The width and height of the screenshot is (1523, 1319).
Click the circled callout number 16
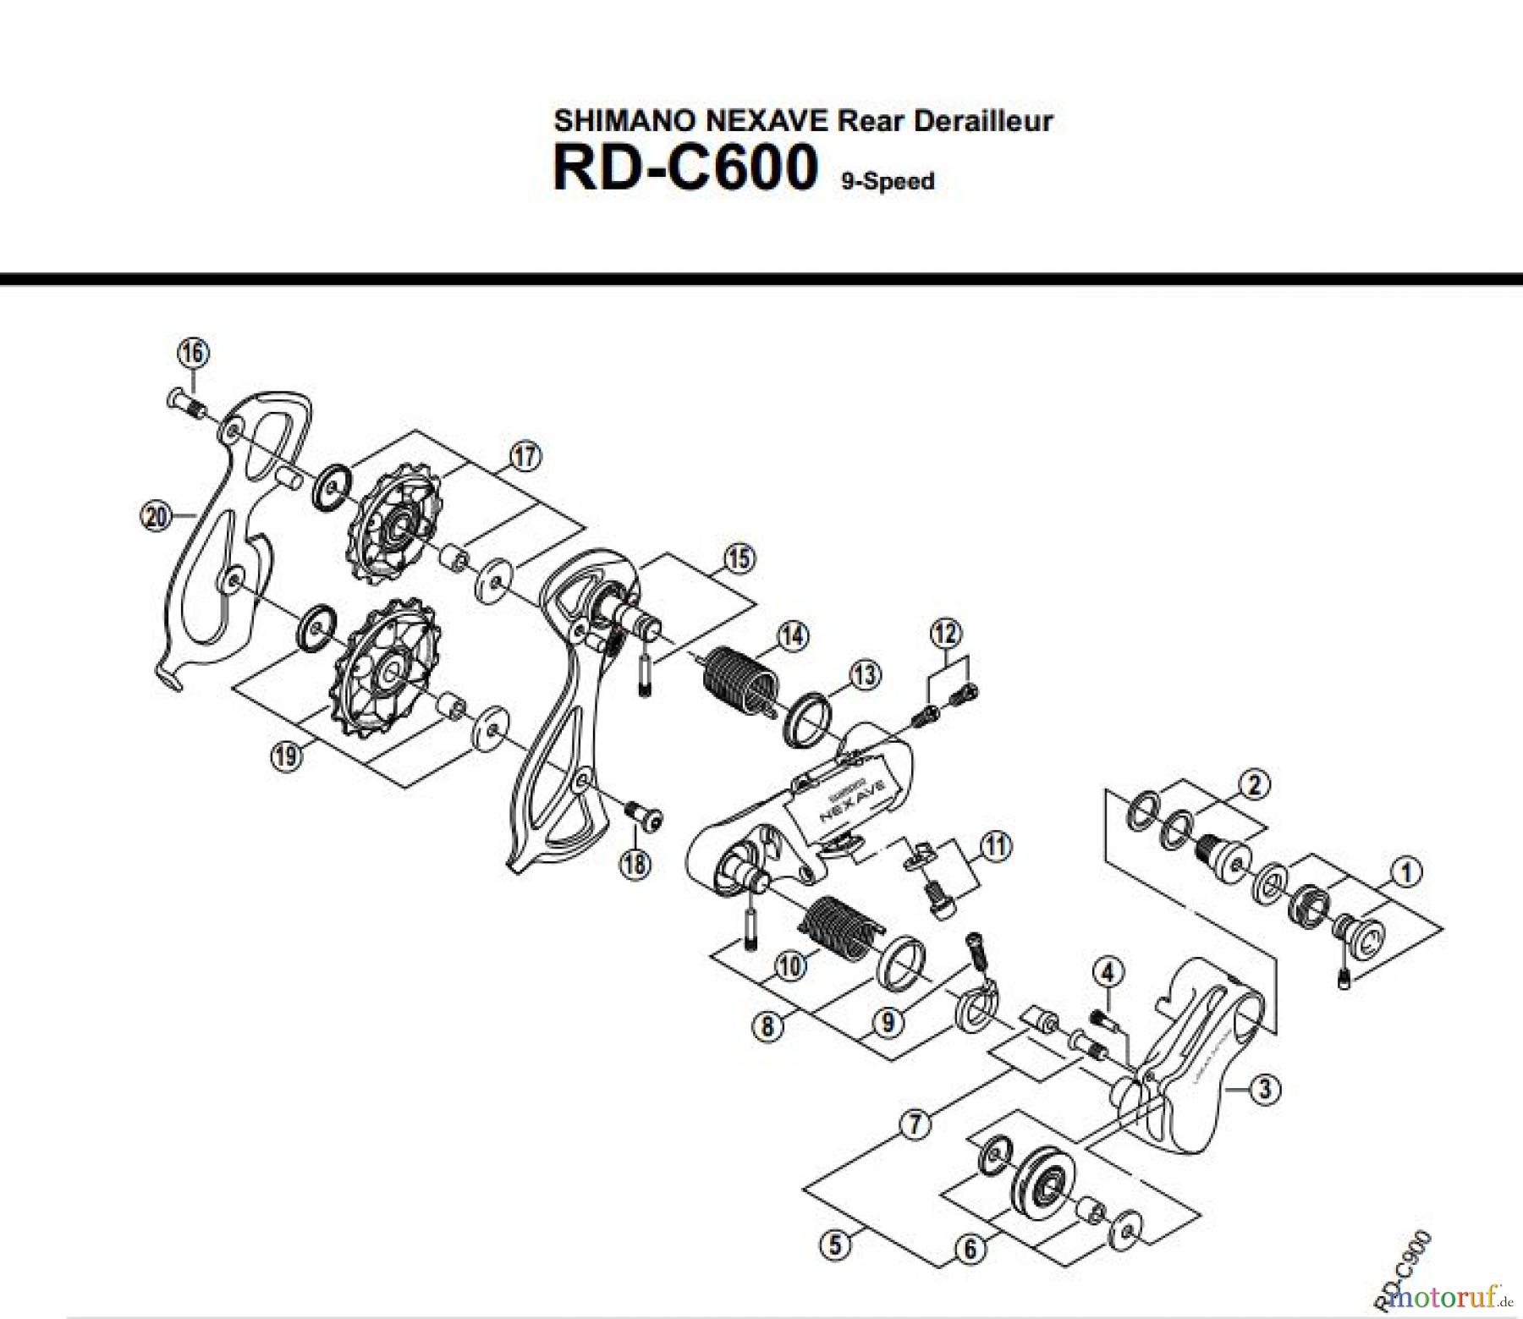193,353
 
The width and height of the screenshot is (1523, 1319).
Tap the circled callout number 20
156,515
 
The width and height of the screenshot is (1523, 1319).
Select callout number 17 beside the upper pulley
525,457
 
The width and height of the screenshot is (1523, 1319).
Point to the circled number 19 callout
286,756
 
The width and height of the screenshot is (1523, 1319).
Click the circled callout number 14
793,636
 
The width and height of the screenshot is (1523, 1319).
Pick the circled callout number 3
1264,1089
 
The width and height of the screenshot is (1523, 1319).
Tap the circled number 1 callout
1406,871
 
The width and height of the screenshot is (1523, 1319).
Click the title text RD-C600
685,168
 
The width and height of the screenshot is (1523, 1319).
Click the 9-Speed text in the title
888,181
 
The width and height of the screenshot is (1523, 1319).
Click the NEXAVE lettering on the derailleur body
848,799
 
